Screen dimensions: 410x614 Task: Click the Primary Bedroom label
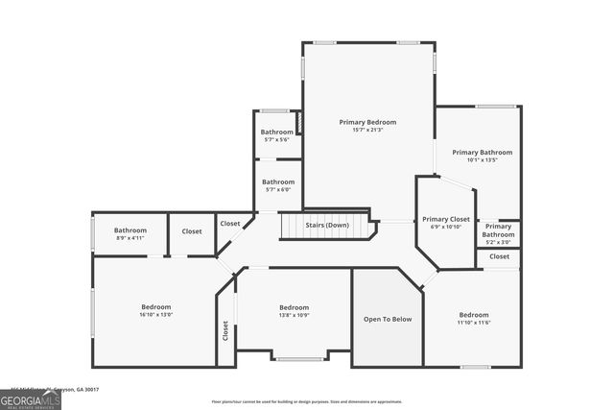[x=367, y=122]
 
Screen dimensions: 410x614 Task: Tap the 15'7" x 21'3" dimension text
[x=367, y=131]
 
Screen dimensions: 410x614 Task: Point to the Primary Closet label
[x=446, y=219]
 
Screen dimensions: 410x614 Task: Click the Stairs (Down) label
[x=327, y=225]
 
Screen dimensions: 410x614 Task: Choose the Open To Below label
[x=387, y=319]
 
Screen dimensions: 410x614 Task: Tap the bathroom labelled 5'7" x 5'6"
[x=277, y=135]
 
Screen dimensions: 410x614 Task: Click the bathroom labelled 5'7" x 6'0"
[x=278, y=185]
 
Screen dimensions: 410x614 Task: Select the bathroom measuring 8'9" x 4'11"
[x=130, y=233]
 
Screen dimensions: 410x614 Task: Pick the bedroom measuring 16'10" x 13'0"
[x=156, y=310]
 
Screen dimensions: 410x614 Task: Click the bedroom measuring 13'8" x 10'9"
[x=294, y=310]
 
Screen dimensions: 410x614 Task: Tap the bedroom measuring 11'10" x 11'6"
[x=473, y=319]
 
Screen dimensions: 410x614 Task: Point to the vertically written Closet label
[x=226, y=330]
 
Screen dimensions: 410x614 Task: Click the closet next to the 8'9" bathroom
[x=192, y=231]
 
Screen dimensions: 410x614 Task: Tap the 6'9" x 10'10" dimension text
[x=446, y=227]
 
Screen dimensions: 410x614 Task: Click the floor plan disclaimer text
[x=307, y=401]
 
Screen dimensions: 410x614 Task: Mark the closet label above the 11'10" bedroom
[x=499, y=256]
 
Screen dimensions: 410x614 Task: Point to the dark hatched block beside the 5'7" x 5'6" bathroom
[x=298, y=122]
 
